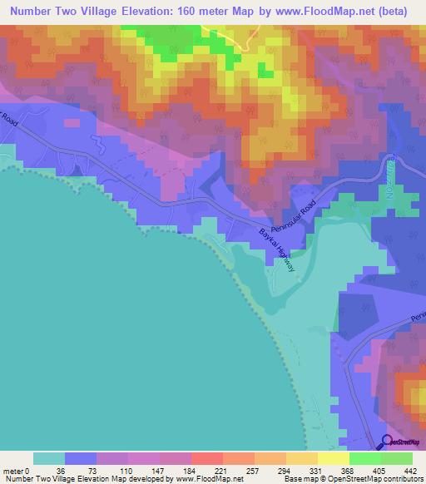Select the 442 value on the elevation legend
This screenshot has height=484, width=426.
(x=410, y=472)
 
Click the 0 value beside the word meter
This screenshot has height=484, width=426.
(x=27, y=472)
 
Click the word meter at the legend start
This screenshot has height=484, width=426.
(x=12, y=472)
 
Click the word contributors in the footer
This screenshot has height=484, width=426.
(x=401, y=479)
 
